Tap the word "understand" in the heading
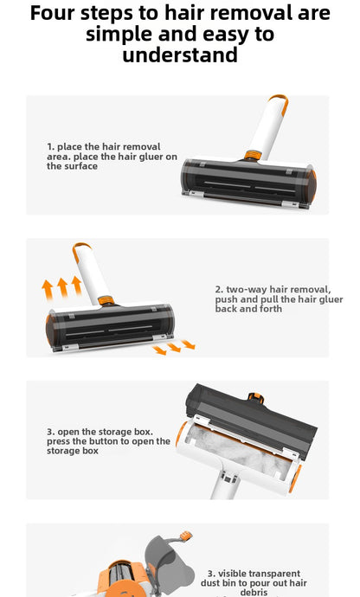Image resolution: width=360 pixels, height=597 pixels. [x=179, y=55]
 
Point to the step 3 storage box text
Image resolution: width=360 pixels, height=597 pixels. [x=108, y=440]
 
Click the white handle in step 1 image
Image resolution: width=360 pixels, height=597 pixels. [x=265, y=126]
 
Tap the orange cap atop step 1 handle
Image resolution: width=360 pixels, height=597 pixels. [x=280, y=99]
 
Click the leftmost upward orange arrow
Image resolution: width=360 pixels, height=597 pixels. [x=48, y=290]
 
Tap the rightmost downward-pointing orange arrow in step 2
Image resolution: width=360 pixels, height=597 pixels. [x=188, y=344]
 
